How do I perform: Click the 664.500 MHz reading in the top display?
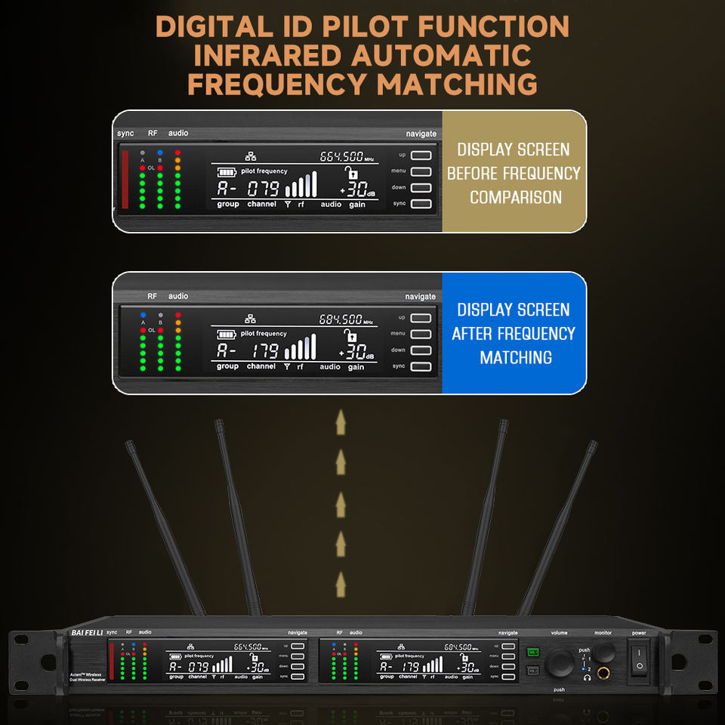(x=341, y=157)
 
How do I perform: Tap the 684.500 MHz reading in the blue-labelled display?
(x=341, y=319)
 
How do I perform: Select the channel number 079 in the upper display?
(x=264, y=189)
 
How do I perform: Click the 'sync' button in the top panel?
(x=421, y=204)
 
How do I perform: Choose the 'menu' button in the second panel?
(x=421, y=334)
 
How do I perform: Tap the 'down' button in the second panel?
(x=421, y=350)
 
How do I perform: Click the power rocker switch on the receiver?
(x=639, y=657)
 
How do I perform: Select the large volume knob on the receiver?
(x=560, y=664)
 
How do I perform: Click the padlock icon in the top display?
(x=353, y=173)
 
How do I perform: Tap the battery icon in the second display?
(x=226, y=334)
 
